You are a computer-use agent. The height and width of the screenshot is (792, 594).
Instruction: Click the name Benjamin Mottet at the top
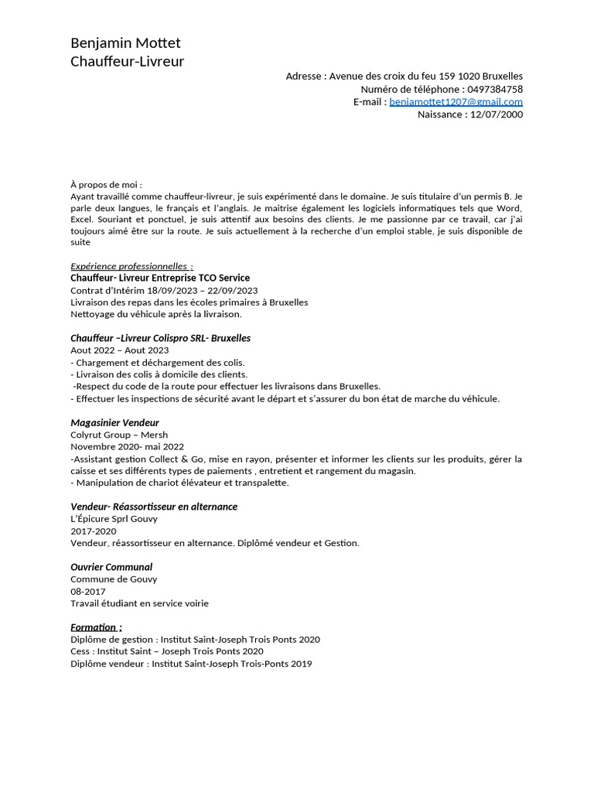click(125, 43)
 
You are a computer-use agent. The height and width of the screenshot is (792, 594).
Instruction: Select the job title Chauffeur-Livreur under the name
click(127, 61)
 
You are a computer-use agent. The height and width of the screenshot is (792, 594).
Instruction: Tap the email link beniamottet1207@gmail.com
click(456, 101)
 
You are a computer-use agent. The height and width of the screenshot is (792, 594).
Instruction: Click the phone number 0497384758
click(495, 89)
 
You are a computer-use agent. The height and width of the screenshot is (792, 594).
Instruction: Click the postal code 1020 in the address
click(468, 76)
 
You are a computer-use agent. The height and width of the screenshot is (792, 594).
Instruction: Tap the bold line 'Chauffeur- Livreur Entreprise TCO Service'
click(160, 278)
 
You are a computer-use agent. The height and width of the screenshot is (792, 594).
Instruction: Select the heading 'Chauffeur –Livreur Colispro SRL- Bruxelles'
click(160, 338)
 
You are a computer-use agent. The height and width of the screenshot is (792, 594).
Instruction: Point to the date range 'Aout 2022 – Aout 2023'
click(119, 350)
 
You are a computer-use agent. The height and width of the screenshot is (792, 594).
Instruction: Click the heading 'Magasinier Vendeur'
click(114, 423)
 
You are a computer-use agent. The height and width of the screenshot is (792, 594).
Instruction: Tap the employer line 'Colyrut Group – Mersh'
click(119, 435)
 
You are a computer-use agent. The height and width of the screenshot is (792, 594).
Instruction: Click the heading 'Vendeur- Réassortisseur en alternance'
click(154, 507)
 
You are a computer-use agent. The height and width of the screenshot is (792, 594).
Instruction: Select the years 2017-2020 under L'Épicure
click(93, 531)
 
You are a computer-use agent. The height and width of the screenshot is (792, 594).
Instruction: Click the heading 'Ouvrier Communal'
click(111, 567)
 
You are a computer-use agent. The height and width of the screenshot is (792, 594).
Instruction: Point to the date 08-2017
click(88, 591)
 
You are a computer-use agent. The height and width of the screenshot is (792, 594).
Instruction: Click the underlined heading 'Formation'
click(96, 627)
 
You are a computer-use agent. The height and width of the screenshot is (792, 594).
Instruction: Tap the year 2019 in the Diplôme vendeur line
click(301, 664)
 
